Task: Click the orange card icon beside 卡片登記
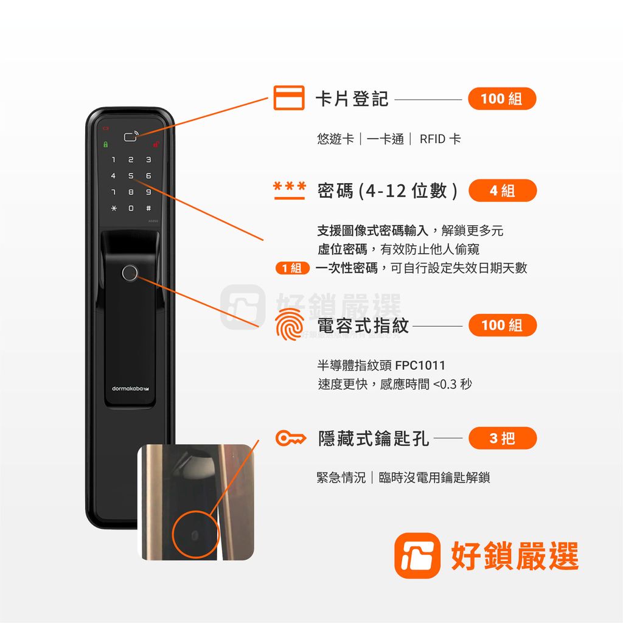289,98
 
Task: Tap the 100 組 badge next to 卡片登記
501,99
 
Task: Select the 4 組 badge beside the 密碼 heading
503,190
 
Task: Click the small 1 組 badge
292,268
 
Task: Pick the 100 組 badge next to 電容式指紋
502,325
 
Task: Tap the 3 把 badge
503,438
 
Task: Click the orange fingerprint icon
289,325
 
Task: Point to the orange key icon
290,438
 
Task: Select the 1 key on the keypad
113,160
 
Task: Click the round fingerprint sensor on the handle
130,273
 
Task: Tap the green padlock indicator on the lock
105,145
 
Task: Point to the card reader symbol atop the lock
130,136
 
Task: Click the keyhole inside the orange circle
195,535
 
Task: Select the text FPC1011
420,366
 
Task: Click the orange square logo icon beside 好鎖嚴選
417,555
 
